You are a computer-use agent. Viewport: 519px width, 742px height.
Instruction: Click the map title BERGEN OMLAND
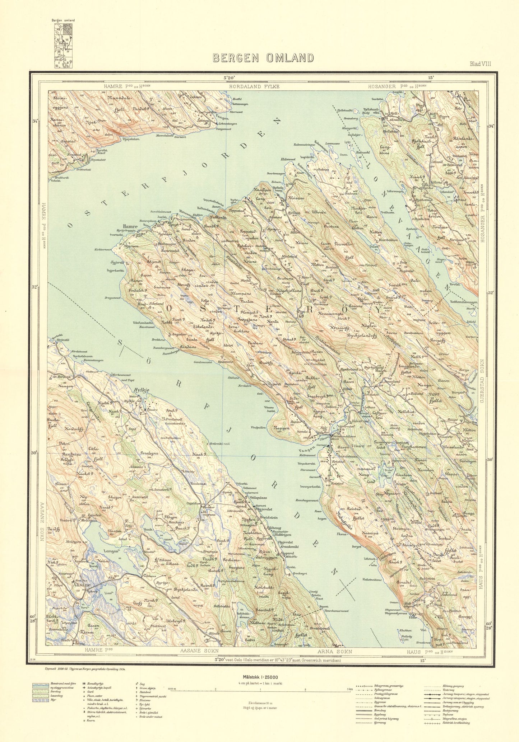tap(263, 58)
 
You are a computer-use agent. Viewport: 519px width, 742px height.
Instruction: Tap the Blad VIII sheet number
tap(480, 64)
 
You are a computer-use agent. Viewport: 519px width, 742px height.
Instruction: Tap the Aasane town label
tap(82, 584)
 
